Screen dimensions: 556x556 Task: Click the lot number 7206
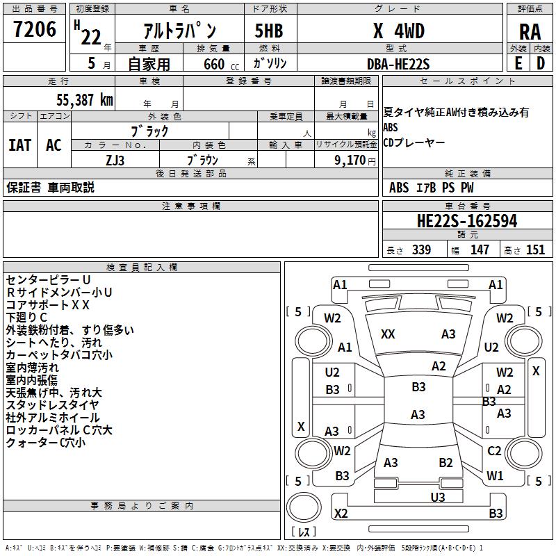(x=35, y=30)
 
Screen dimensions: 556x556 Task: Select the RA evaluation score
(x=530, y=32)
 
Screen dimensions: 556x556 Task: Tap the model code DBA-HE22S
(x=398, y=64)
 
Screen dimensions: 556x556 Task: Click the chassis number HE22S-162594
(x=466, y=221)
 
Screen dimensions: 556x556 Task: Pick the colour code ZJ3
(x=116, y=160)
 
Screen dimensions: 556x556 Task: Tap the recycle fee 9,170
(x=350, y=160)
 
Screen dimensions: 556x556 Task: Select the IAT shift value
(x=20, y=145)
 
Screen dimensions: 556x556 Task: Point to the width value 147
(x=480, y=250)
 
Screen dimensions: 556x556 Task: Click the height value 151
(x=534, y=250)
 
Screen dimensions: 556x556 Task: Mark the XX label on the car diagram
(x=388, y=334)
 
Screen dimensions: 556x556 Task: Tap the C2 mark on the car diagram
(x=494, y=451)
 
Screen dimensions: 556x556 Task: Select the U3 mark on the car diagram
(x=437, y=497)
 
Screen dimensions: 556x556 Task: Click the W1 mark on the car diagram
(x=495, y=476)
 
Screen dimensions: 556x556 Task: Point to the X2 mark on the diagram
(x=341, y=514)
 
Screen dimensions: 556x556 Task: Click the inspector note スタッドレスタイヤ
(x=52, y=404)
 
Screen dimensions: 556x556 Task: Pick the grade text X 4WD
(x=398, y=32)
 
